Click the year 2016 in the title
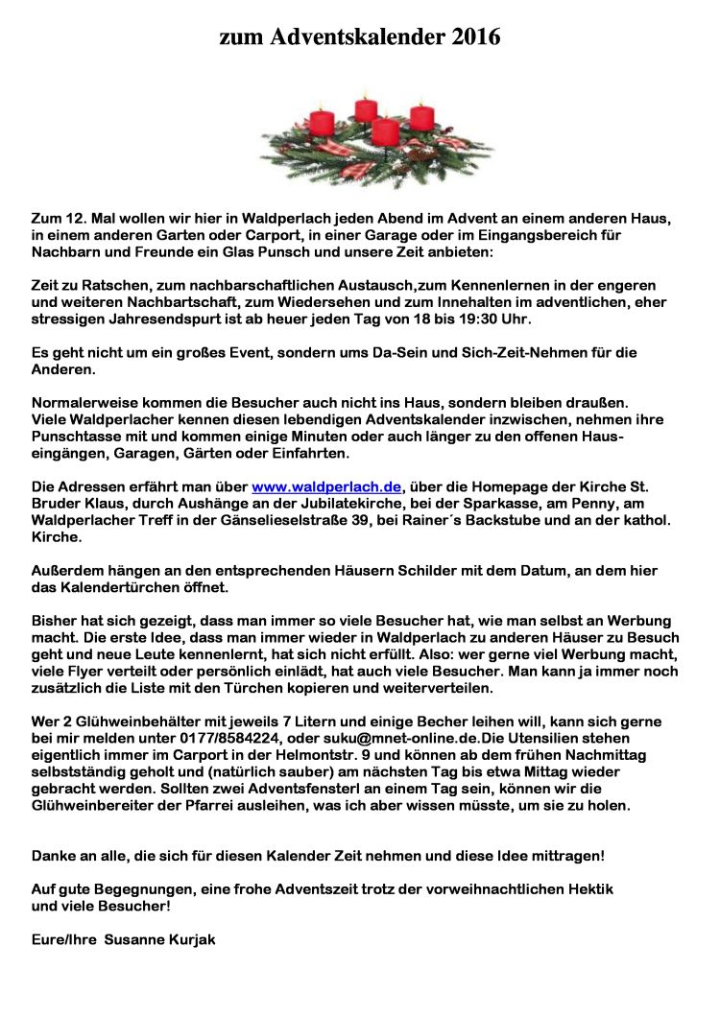pos(472,37)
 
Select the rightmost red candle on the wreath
pos(422,117)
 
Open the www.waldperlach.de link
pos(326,486)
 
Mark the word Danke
pos(54,854)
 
